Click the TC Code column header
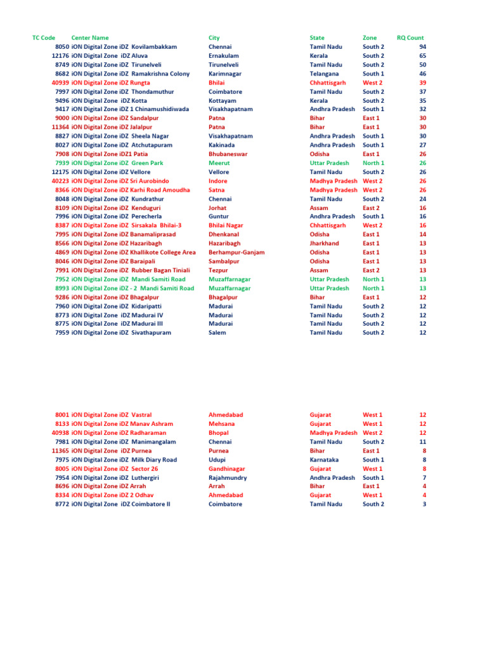point(44,38)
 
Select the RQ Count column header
point(410,38)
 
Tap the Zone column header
point(369,38)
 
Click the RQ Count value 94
point(422,47)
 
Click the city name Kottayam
point(222,100)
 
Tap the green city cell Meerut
point(219,163)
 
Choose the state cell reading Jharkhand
point(324,243)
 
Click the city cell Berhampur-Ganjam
point(237,252)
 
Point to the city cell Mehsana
point(221,424)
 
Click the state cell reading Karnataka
point(324,460)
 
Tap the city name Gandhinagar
point(226,468)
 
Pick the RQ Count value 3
point(424,504)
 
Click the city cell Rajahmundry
point(228,477)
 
